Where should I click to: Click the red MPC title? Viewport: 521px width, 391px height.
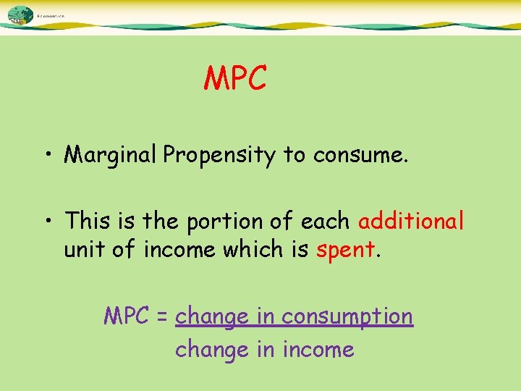(235, 78)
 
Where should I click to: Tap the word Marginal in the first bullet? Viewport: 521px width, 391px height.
(111, 154)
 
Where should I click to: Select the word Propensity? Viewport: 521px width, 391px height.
(219, 155)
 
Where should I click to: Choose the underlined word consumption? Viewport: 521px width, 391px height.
(347, 317)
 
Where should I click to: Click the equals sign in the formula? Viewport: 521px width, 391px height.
(162, 317)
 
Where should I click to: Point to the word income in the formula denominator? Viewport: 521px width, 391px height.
(318, 350)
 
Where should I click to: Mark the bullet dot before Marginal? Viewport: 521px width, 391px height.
(46, 156)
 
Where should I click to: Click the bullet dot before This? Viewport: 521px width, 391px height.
(46, 220)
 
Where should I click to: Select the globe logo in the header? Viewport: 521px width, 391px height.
(20, 14)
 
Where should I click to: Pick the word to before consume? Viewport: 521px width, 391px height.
(295, 155)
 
